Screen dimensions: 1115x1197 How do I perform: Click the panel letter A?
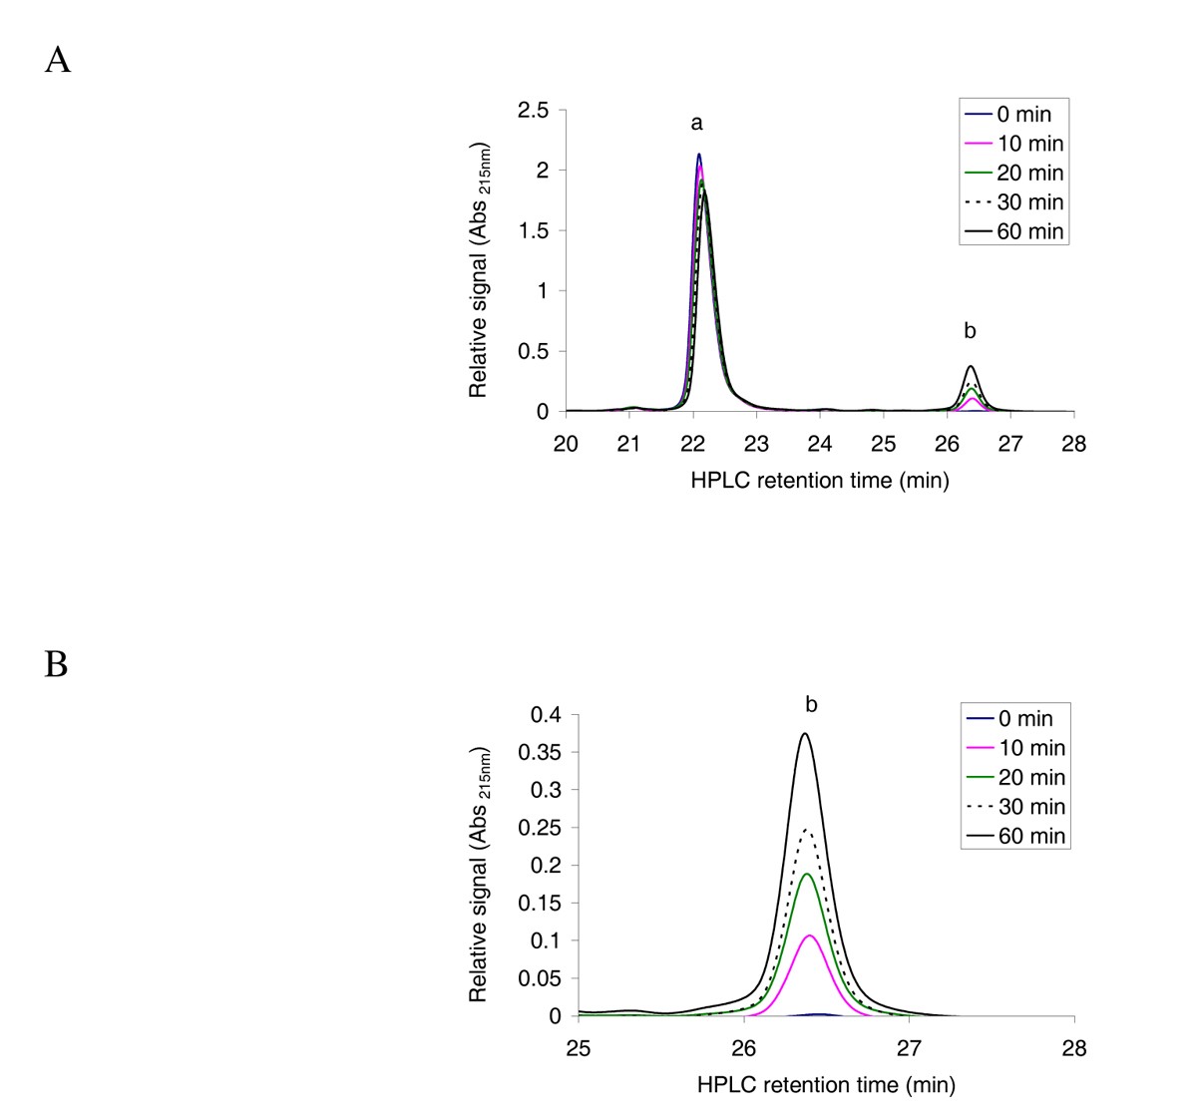tap(58, 62)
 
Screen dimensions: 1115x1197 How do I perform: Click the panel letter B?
tap(56, 664)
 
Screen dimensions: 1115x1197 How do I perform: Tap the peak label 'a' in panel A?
tap(697, 124)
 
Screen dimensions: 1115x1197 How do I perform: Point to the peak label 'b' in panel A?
tap(970, 331)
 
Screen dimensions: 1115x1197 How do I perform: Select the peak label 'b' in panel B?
tap(811, 705)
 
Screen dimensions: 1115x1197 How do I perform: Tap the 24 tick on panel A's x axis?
tap(820, 445)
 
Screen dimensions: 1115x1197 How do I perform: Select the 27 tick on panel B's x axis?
tap(909, 1048)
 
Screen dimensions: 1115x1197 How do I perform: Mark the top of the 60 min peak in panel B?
tap(805, 734)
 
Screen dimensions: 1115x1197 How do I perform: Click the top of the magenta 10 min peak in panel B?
tap(810, 935)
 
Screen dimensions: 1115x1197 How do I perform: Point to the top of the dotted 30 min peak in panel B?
tap(807, 829)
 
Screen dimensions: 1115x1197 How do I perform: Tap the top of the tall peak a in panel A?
tap(699, 155)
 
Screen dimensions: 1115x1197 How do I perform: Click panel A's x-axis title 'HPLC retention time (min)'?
tap(820, 481)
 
